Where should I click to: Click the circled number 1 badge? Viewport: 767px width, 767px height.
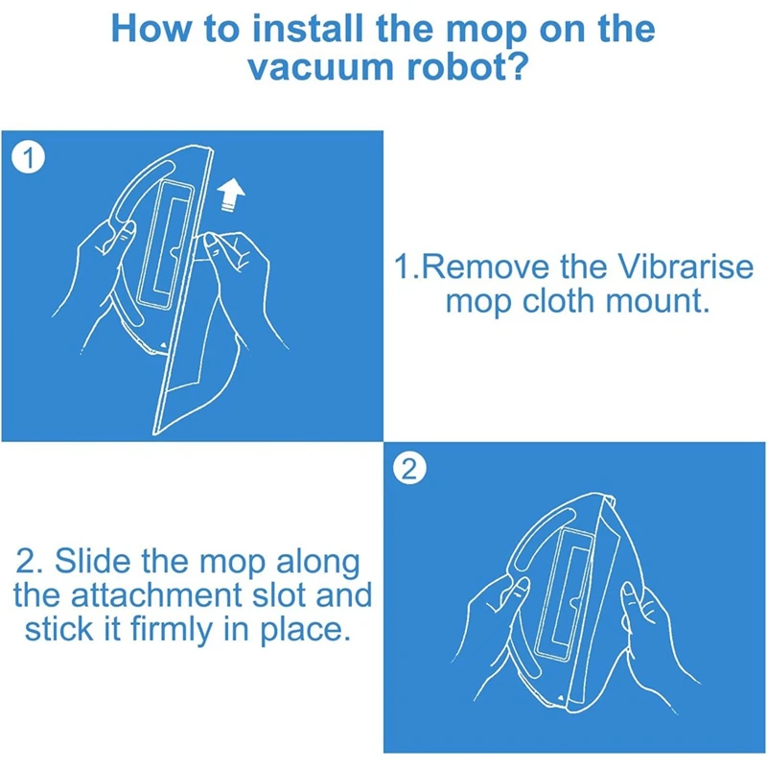click(29, 158)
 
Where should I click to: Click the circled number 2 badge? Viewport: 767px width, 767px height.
click(409, 470)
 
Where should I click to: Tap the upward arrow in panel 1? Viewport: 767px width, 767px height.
click(230, 194)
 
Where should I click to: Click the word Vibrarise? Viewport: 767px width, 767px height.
click(686, 267)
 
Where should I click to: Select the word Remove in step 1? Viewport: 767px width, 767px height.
click(486, 267)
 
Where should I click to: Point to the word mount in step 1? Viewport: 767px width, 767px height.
click(657, 301)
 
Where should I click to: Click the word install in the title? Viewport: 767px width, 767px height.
click(307, 29)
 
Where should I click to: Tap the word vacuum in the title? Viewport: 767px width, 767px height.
click(321, 67)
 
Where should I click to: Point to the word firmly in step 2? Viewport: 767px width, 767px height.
click(172, 630)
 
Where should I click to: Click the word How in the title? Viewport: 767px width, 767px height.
click(151, 29)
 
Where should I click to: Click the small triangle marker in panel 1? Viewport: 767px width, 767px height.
click(163, 345)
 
